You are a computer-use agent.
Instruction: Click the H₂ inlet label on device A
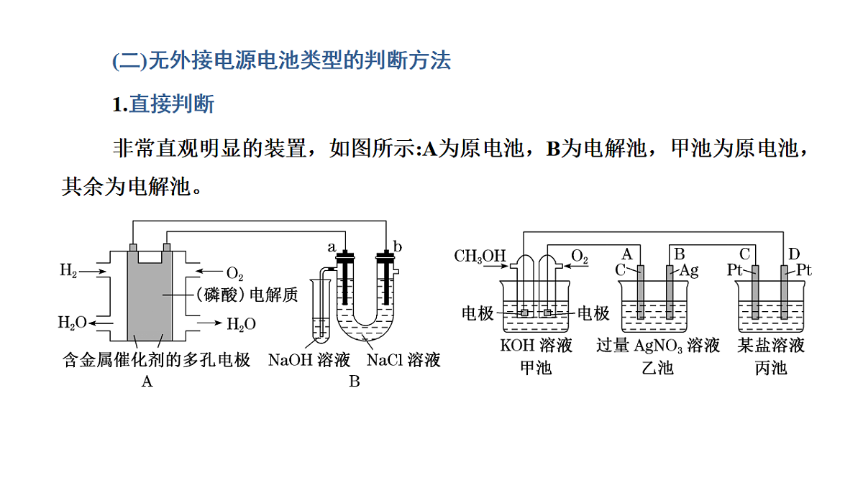tap(68, 270)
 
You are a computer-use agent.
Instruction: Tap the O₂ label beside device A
tap(234, 274)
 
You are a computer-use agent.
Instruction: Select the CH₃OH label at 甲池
tap(480, 256)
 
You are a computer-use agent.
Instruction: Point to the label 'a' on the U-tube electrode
tap(332, 247)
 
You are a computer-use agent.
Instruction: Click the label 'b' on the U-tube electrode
tap(397, 246)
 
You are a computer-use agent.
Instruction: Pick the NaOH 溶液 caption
tap(309, 360)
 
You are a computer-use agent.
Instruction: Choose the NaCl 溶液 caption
tap(403, 360)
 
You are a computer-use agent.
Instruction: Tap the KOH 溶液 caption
tap(536, 346)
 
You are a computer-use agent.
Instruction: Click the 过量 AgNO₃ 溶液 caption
tap(658, 346)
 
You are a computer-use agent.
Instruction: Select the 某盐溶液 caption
tap(771, 346)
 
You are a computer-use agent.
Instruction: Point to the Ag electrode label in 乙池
tap(688, 271)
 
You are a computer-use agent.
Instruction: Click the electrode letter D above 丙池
tap(794, 254)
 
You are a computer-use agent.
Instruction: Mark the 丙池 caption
tap(770, 369)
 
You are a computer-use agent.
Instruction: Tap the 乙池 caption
tap(657, 369)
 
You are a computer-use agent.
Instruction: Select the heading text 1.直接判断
tap(163, 104)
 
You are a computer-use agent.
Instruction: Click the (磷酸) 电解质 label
tap(247, 295)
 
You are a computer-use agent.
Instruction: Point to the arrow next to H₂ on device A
tap(93, 272)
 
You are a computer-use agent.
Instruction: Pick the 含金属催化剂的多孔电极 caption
tap(157, 360)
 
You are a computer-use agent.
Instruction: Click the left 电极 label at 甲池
tap(478, 314)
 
